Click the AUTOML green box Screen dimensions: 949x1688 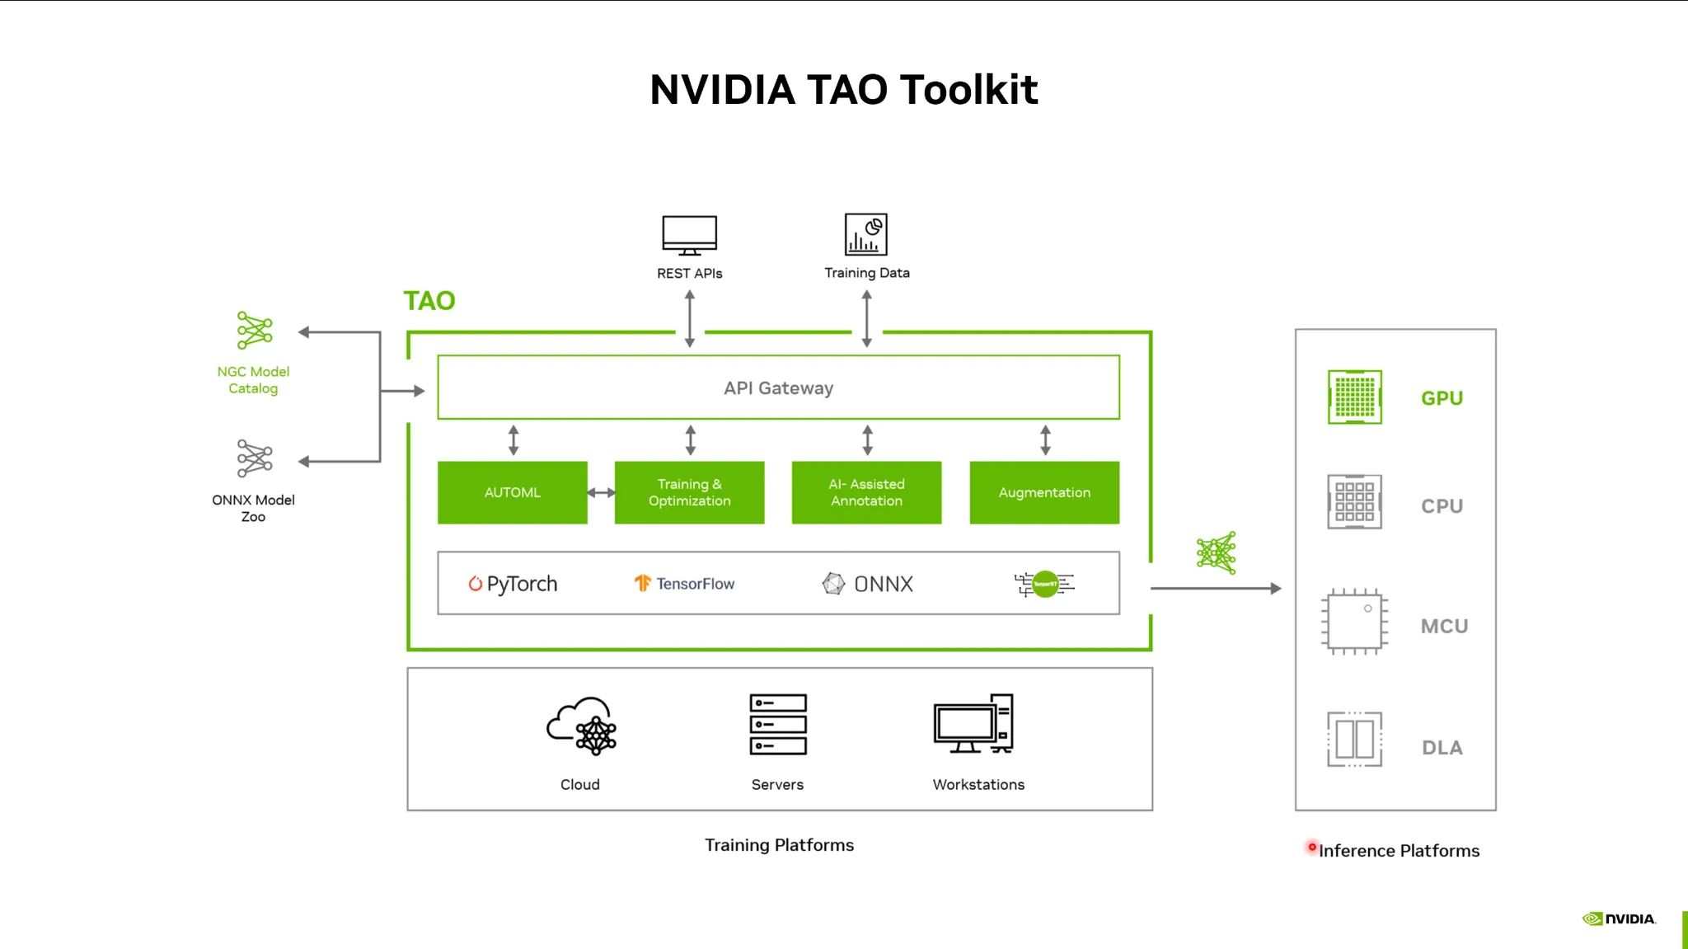[x=512, y=492]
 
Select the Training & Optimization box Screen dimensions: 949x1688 [x=689, y=492]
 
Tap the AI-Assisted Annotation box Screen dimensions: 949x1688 [x=866, y=492]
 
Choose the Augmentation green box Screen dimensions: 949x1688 [x=1044, y=492]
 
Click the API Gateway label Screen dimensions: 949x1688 [x=778, y=388]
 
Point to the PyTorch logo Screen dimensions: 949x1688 [x=513, y=584]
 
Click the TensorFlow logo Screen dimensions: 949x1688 [x=684, y=584]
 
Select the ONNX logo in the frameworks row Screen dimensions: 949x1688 [x=867, y=584]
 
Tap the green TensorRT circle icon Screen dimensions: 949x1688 [x=1045, y=584]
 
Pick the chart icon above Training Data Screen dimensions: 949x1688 [x=866, y=234]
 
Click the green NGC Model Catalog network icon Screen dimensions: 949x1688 [x=255, y=331]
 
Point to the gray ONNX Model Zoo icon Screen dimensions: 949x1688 [x=255, y=458]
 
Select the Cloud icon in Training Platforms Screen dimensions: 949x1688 [x=581, y=726]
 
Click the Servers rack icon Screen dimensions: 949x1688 [x=778, y=724]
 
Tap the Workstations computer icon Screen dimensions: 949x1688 [x=973, y=724]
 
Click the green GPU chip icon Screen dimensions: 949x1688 [x=1354, y=397]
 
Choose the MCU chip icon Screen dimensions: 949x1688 [x=1354, y=622]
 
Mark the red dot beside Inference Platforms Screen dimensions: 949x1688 [x=1312, y=847]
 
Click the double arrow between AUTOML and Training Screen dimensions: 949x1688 [x=601, y=492]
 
